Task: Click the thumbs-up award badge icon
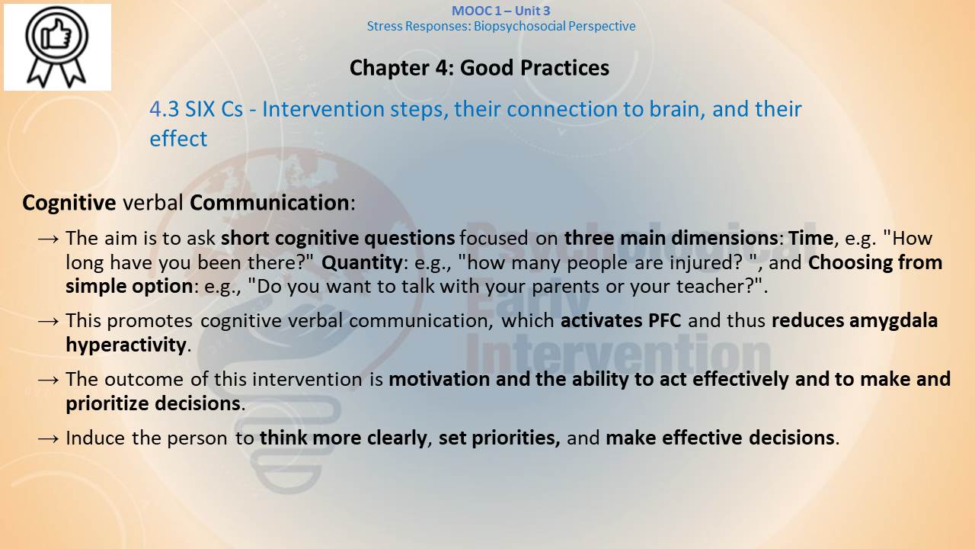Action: [56, 47]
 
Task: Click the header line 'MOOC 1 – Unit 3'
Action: [501, 11]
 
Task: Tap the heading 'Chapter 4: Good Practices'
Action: [479, 68]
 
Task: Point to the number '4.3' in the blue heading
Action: [164, 109]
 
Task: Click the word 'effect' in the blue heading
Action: [178, 139]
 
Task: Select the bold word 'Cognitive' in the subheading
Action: [69, 203]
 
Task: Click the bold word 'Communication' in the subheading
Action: [270, 203]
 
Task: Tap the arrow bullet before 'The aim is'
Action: [48, 239]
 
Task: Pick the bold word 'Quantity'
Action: [362, 263]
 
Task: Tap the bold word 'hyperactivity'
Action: [126, 345]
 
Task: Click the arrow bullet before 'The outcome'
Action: [48, 380]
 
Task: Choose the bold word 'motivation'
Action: [440, 379]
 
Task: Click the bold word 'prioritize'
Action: [107, 404]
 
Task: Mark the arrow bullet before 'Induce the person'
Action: [48, 438]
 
